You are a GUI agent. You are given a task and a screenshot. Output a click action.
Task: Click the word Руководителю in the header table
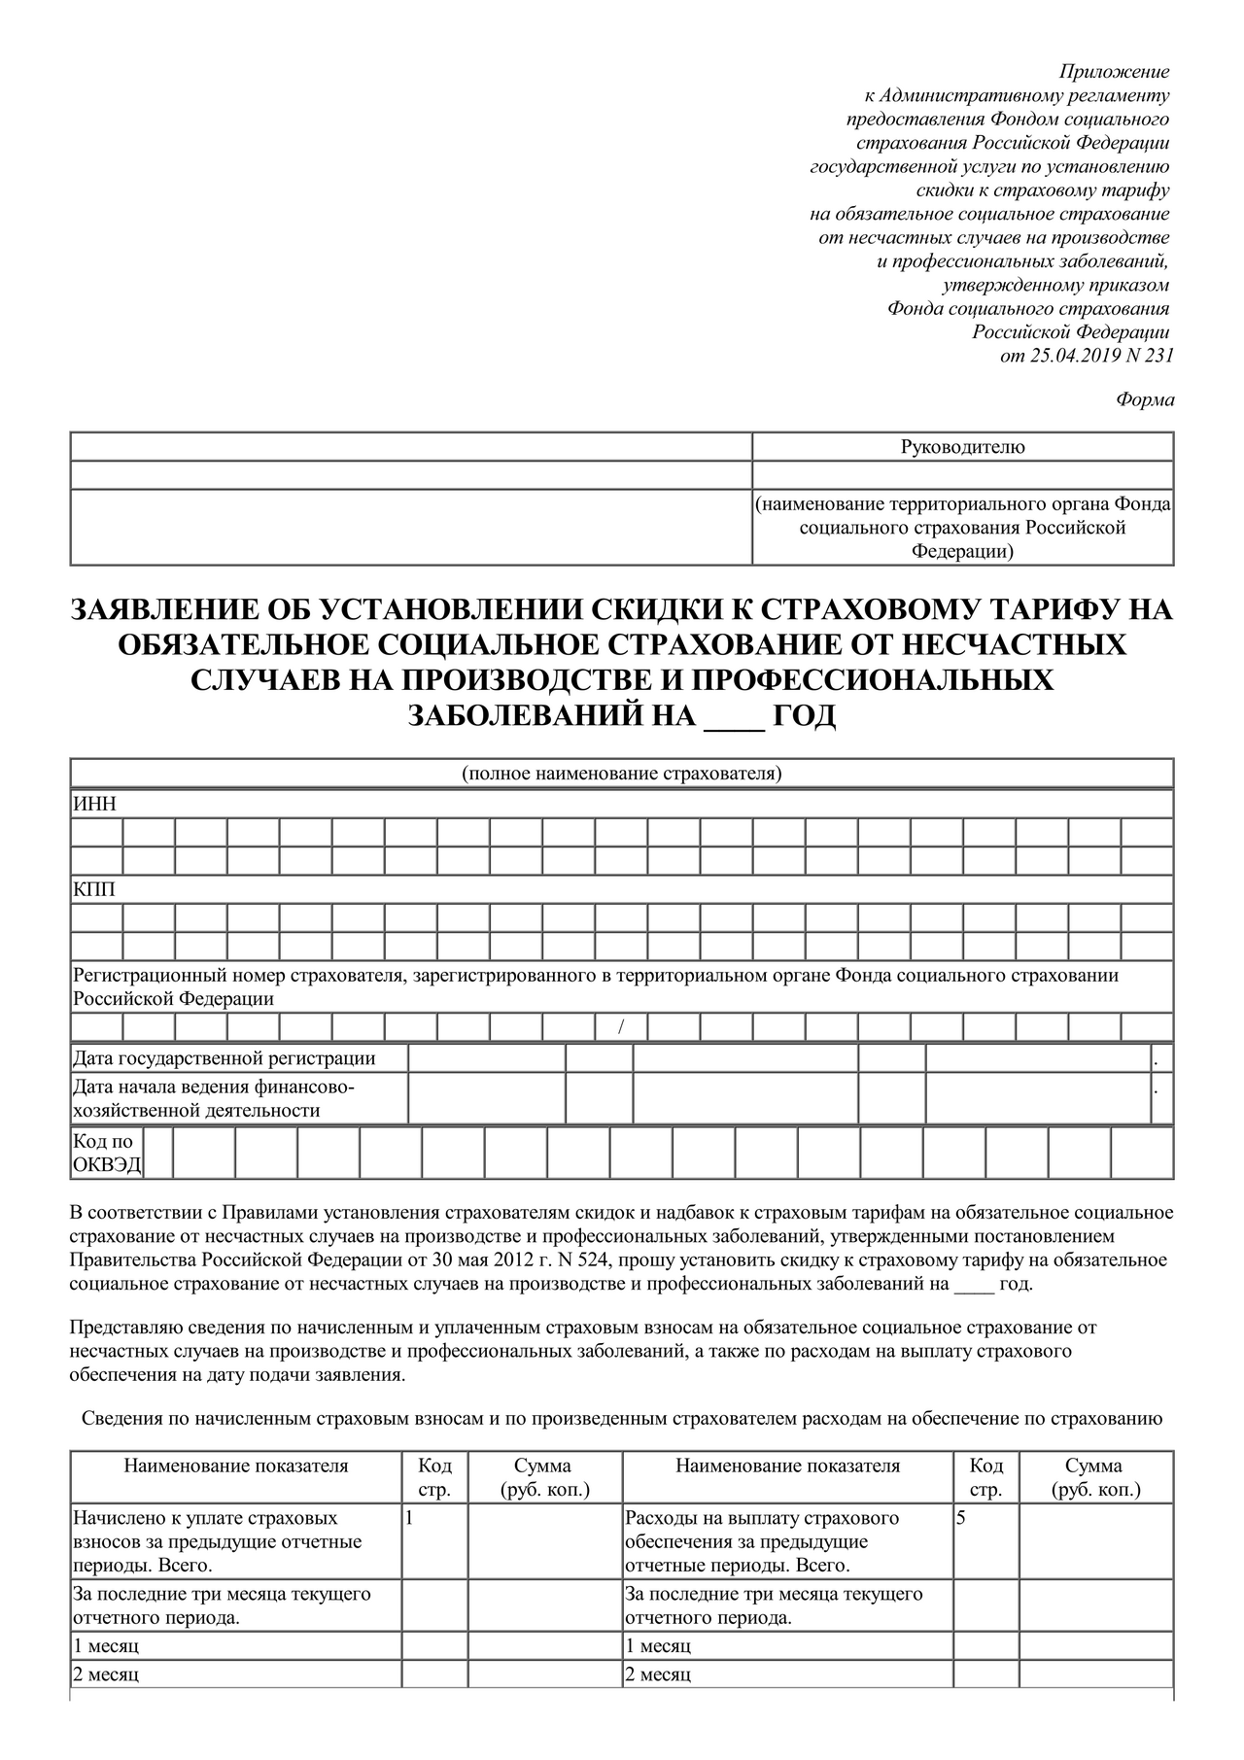coord(962,447)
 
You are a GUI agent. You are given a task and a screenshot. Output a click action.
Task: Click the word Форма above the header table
coord(1145,399)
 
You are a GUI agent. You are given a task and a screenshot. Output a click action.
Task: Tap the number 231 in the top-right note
coord(1159,356)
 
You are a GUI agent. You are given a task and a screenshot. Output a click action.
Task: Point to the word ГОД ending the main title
coord(803,715)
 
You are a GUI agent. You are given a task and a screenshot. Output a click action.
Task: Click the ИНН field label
coord(94,805)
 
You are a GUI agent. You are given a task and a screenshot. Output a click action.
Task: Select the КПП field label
coord(94,890)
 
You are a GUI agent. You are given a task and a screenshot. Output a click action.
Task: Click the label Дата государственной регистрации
coord(225,1058)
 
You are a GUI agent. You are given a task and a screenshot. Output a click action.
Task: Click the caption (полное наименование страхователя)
coord(622,774)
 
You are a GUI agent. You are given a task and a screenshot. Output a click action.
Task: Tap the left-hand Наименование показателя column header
coord(236,1467)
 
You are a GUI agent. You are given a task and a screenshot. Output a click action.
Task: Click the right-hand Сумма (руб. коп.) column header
coord(1095,1477)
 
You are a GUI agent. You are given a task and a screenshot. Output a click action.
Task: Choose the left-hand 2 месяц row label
coord(106,1674)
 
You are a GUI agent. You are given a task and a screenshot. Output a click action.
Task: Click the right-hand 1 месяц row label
coord(658,1646)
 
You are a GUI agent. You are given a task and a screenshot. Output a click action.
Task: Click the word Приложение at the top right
coord(1114,72)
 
